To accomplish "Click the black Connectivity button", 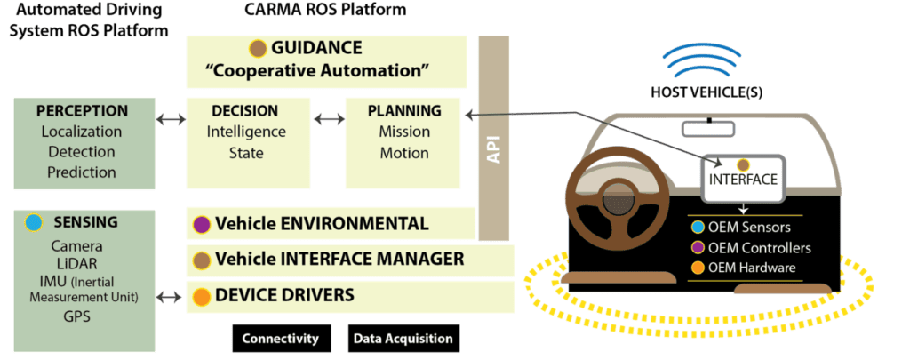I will [x=281, y=339].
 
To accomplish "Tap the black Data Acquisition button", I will [x=403, y=339].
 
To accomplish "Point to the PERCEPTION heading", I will [x=82, y=111].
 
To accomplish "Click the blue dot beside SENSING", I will [x=33, y=222].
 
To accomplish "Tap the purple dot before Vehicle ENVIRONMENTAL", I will [x=202, y=224].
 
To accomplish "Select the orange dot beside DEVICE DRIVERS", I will [x=202, y=295].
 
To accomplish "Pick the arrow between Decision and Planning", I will [x=328, y=118].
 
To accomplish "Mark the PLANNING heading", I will [x=404, y=111].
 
